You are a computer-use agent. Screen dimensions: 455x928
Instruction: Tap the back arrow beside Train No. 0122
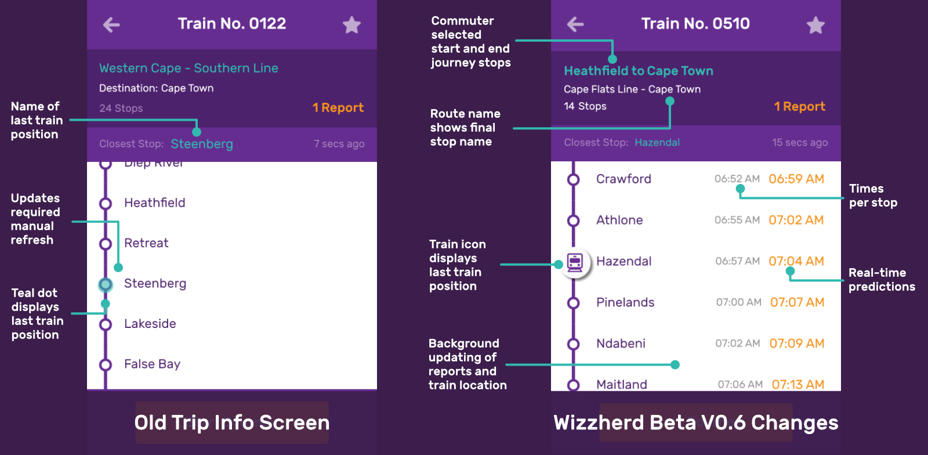click(111, 24)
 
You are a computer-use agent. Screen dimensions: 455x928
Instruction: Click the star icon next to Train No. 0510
click(815, 25)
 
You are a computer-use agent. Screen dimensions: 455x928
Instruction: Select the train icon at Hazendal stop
click(575, 262)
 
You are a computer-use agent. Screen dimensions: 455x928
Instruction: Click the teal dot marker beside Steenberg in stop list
click(106, 284)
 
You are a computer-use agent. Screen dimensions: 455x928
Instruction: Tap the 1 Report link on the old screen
click(338, 108)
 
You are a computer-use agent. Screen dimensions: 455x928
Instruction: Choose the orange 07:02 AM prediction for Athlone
click(796, 221)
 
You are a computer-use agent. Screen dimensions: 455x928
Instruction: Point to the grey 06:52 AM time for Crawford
click(737, 179)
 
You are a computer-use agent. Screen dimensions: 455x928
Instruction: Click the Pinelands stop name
click(625, 302)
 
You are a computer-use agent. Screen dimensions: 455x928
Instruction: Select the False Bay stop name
click(152, 364)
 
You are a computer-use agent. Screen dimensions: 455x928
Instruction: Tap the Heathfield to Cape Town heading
click(639, 71)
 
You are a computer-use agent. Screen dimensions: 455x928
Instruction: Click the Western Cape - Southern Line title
click(188, 68)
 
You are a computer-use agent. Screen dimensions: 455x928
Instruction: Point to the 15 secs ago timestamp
click(799, 143)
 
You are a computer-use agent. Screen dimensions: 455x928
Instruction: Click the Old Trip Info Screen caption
click(232, 423)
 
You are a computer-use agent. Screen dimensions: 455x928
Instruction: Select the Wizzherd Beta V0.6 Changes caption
click(696, 423)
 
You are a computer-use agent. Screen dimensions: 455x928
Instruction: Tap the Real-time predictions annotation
click(882, 280)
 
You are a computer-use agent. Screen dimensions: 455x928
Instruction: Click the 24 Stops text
click(121, 109)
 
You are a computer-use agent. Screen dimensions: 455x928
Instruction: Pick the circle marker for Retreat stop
click(106, 244)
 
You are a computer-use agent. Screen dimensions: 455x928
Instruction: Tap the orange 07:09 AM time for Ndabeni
click(796, 344)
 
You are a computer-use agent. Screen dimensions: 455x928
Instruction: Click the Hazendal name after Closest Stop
click(657, 143)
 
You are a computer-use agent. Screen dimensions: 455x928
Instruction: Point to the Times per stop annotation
click(873, 196)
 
